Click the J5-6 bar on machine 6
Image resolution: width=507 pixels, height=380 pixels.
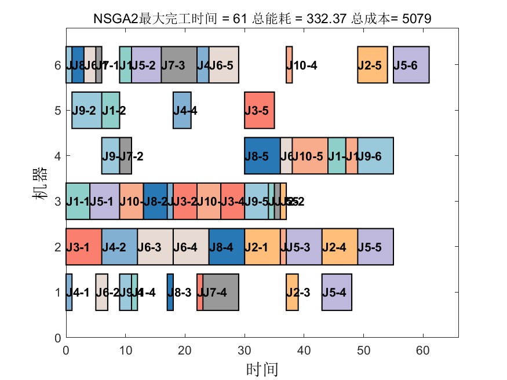tap(411, 65)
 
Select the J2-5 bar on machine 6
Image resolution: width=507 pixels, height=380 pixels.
tap(372, 65)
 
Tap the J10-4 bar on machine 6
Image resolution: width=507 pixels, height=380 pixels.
tap(289, 65)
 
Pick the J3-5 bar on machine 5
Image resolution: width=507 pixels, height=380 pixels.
tap(259, 110)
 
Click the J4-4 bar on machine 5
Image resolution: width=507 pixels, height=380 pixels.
tap(182, 110)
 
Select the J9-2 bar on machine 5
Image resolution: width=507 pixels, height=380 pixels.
tap(86, 110)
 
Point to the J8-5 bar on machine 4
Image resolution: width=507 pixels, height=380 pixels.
tap(262, 155)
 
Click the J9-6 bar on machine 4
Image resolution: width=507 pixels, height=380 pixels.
tap(375, 155)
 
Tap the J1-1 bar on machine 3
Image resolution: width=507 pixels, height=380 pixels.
tap(78, 201)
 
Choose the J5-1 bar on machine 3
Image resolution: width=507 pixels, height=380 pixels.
tap(104, 201)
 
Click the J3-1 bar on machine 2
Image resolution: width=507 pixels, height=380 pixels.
tap(83, 247)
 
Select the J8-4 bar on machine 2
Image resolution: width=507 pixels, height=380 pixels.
tap(227, 247)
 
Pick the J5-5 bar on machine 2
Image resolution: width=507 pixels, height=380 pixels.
tap(375, 247)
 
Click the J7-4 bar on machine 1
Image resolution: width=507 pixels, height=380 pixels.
tap(221, 292)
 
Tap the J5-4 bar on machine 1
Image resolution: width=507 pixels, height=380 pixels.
tap(337, 292)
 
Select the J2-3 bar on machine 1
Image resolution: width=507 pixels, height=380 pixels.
tap(292, 292)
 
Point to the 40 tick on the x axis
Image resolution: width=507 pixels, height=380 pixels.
tap(304, 350)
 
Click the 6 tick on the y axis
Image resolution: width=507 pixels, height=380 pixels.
tap(57, 65)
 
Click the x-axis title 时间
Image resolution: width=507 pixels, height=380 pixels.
tap(262, 368)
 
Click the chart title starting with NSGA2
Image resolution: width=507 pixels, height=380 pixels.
tap(262, 20)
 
